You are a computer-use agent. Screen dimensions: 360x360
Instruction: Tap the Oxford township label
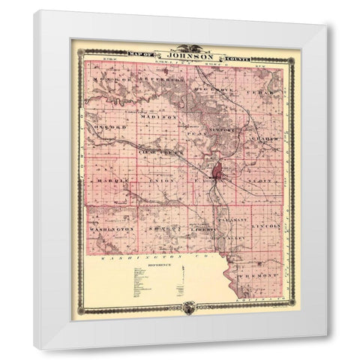point(109,128)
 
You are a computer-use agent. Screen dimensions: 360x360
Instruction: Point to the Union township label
point(160,181)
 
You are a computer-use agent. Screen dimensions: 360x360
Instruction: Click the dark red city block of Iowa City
point(218,174)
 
